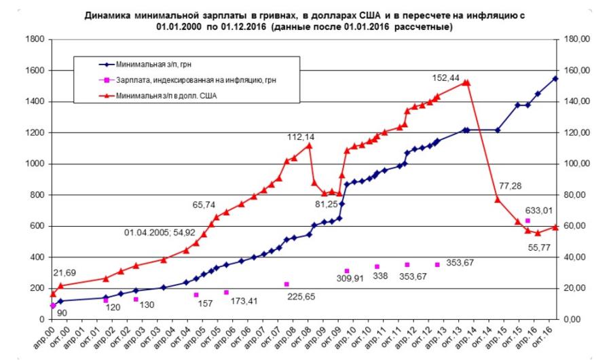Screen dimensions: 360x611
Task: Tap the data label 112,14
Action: click(299, 137)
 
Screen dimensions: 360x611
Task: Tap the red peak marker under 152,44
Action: click(466, 82)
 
